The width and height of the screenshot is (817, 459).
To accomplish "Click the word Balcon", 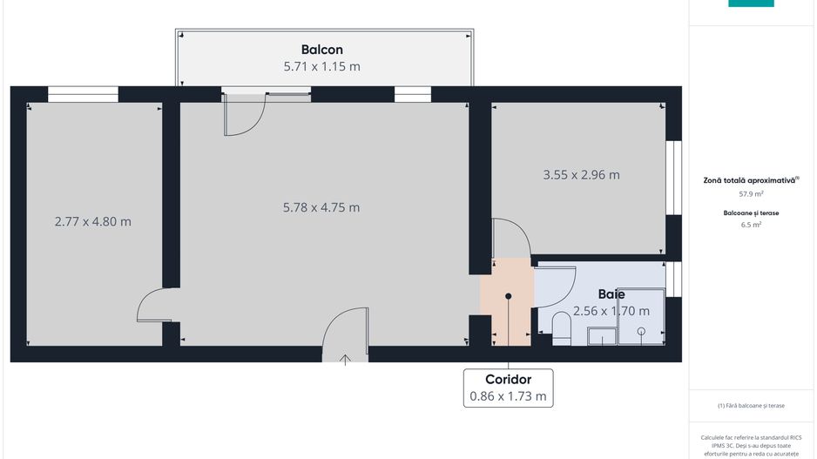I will pos(321,50).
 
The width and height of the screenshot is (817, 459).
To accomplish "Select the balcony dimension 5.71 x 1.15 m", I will pos(321,66).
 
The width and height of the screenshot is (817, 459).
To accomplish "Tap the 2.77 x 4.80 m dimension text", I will pos(92,221).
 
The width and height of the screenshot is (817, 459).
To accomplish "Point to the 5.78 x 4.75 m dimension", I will pos(321,207).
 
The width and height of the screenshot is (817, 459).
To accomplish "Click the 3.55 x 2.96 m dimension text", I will pos(581,174).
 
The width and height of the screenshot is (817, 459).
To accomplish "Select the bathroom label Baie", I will pos(611,294).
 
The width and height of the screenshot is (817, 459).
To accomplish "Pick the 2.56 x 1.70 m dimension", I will pos(611,311).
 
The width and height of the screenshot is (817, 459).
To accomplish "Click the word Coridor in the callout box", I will pos(509,380).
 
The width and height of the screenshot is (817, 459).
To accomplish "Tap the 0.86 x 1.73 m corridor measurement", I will pos(509,396).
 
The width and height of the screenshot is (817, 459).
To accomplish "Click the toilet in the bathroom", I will pos(562,327).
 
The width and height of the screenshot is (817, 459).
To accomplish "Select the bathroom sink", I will pos(600,335).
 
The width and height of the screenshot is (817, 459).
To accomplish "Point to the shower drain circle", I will pos(641,331).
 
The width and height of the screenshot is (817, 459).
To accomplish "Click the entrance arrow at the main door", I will pos(346,358).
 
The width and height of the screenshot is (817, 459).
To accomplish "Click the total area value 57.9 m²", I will pos(751,194).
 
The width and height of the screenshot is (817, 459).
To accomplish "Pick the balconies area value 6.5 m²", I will pos(751,225).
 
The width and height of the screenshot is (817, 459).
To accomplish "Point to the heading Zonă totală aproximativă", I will pos(749,180).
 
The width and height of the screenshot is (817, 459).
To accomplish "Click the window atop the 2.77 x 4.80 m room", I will pos(83,94).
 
